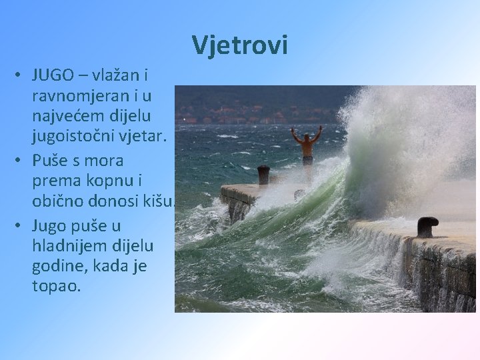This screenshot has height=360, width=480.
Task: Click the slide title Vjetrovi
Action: pyautogui.click(x=240, y=45)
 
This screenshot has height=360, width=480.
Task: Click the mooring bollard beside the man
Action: pyautogui.click(x=263, y=175)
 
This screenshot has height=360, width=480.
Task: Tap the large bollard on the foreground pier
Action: pyautogui.click(x=427, y=227)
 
